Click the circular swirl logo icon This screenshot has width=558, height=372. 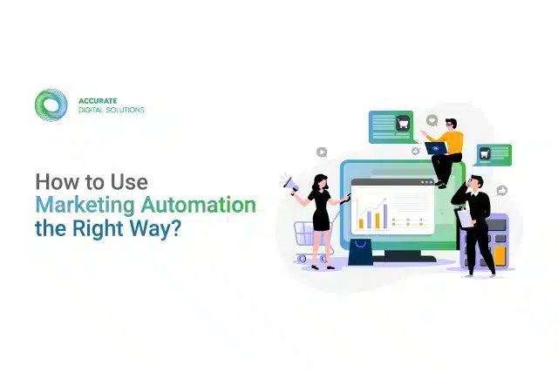pos(51,104)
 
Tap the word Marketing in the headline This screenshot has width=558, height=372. pos(77,206)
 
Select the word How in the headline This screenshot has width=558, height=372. pos(54,182)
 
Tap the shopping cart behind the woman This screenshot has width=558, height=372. pos(304,233)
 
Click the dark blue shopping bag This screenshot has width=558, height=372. pos(359,249)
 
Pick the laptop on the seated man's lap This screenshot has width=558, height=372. pos(435,148)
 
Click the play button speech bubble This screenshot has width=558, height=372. pos(322,152)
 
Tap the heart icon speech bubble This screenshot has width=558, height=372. pos(431,119)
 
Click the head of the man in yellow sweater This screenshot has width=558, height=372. pos(449,124)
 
